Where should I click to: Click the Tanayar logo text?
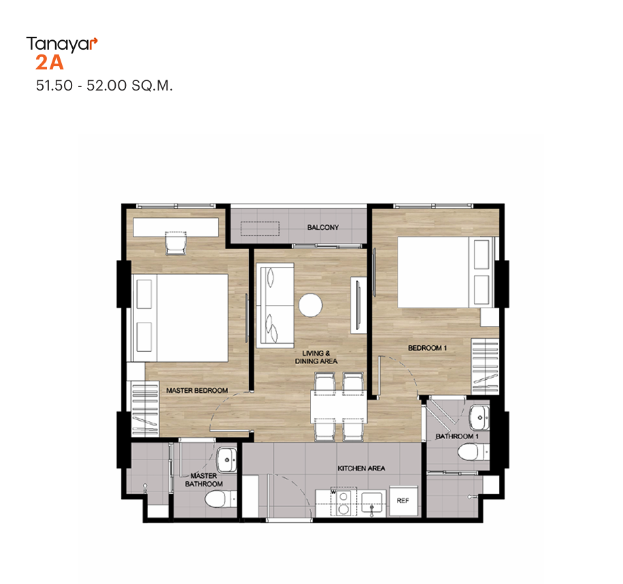click(61, 44)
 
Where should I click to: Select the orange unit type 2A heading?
click(49, 63)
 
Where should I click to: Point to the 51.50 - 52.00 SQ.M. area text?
click(104, 85)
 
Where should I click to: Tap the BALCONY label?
click(323, 227)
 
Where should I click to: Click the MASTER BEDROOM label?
click(197, 391)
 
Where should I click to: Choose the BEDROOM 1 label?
click(428, 348)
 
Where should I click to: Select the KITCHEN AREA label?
click(361, 468)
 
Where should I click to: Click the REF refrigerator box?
click(403, 500)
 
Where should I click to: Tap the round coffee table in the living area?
click(310, 305)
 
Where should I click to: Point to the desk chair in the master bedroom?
click(176, 243)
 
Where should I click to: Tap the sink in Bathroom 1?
click(479, 417)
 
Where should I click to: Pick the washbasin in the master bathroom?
click(227, 459)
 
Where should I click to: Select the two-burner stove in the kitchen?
click(344, 503)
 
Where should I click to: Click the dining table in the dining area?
click(338, 406)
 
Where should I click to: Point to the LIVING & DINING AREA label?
click(316, 357)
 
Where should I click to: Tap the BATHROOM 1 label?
click(457, 436)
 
